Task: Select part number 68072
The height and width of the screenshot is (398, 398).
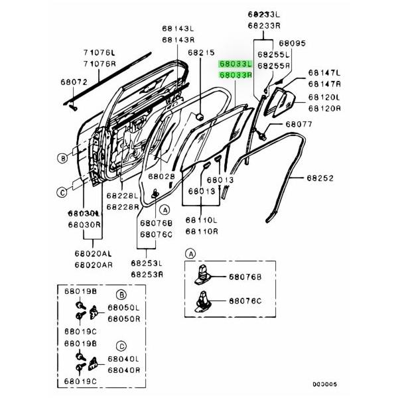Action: tap(56, 82)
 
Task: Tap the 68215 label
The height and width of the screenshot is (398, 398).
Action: tap(201, 52)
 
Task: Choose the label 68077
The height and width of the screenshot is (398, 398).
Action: tap(298, 124)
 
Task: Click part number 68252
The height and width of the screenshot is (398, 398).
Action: tap(320, 178)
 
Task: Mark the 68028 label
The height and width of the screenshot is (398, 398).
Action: tap(161, 177)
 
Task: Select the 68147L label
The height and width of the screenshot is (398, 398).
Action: tap(324, 73)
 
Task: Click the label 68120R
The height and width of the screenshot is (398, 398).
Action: tap(324, 107)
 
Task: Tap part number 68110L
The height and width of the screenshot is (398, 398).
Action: tap(201, 220)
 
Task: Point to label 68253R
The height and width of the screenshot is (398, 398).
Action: tap(147, 275)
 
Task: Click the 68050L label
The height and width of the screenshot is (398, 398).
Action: tap(124, 308)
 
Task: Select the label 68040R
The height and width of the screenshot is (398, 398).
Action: tap(124, 370)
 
